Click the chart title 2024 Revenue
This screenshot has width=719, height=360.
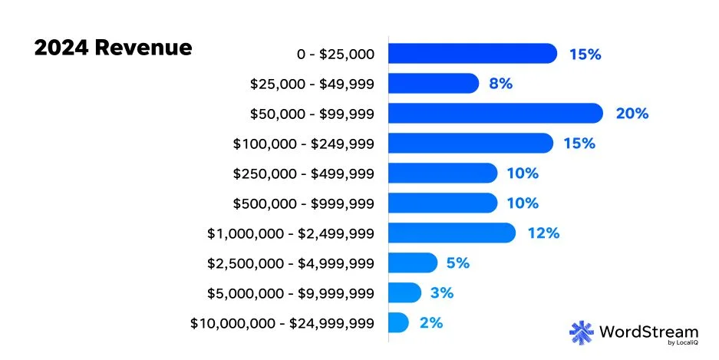click(x=113, y=48)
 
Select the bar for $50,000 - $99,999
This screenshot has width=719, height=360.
click(x=495, y=114)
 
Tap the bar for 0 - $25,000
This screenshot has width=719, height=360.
click(x=472, y=54)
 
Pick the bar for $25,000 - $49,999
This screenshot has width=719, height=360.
click(x=433, y=84)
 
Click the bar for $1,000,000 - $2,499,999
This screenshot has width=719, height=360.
click(x=451, y=233)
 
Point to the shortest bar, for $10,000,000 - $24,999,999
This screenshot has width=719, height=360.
click(x=398, y=322)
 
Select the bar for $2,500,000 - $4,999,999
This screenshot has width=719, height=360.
click(x=412, y=263)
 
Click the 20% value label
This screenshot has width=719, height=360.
click(x=632, y=114)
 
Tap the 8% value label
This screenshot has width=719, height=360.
click(x=500, y=84)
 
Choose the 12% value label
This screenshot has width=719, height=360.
click(x=543, y=233)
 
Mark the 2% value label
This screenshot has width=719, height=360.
click(x=431, y=322)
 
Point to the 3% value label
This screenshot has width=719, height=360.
click(x=443, y=292)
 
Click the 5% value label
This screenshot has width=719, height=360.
click(x=457, y=263)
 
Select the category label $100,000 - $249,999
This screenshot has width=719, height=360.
click(x=303, y=144)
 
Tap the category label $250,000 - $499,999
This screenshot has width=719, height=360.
click(x=303, y=173)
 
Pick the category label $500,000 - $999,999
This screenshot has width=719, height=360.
click(x=303, y=203)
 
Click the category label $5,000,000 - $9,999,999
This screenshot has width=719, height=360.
click(x=290, y=293)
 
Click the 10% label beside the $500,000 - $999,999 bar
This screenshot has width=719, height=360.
click(x=522, y=203)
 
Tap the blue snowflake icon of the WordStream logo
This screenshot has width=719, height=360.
click(x=582, y=332)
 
